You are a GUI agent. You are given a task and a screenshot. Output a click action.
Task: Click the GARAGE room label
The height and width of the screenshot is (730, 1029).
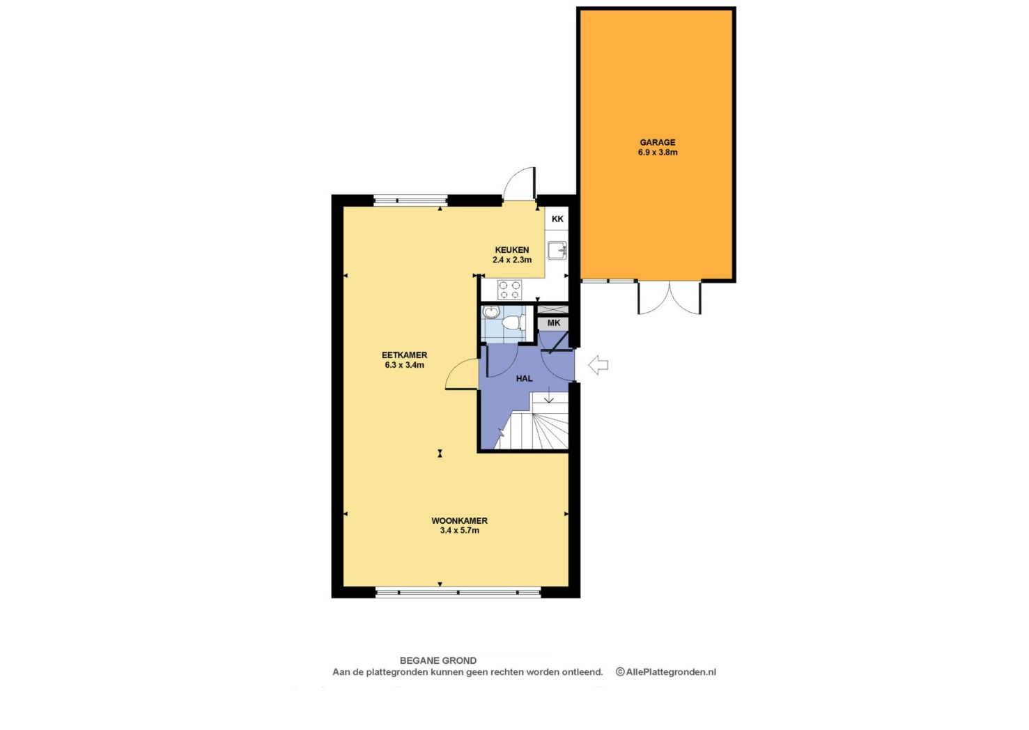[x=658, y=142]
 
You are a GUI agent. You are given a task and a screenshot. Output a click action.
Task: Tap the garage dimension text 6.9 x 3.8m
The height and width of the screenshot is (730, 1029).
[x=658, y=153]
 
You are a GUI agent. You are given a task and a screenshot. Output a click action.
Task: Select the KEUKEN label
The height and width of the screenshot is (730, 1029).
[x=512, y=250]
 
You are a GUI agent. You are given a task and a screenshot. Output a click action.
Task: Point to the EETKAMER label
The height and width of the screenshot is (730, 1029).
[x=404, y=355]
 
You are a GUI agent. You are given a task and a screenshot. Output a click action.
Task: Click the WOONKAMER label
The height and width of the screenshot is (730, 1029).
[x=459, y=521]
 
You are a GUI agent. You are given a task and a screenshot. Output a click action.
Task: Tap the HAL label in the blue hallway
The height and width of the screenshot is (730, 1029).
[x=524, y=378]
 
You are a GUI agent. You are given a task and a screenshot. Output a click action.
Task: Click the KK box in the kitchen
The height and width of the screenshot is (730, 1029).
[x=557, y=219]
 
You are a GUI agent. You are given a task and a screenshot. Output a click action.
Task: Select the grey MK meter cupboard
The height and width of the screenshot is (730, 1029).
[x=554, y=323]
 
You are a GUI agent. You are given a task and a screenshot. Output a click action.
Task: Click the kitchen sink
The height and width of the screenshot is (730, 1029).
[x=557, y=250]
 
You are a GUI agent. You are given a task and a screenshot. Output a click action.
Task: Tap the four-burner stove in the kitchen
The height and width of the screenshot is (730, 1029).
[x=510, y=290]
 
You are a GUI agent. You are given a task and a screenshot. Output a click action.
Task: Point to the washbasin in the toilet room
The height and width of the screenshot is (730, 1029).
[x=491, y=312]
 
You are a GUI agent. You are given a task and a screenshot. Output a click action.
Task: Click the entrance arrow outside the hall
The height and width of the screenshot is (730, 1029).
[x=598, y=365]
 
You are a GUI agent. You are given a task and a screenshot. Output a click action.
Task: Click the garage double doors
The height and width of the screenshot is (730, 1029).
[x=670, y=297]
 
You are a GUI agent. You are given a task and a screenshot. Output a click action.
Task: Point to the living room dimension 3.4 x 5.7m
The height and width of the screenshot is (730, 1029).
[x=459, y=531]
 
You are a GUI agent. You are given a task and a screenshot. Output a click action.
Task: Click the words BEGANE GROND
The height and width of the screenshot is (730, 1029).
[x=438, y=660]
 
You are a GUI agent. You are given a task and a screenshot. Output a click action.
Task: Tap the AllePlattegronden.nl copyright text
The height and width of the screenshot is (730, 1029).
[x=666, y=672]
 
